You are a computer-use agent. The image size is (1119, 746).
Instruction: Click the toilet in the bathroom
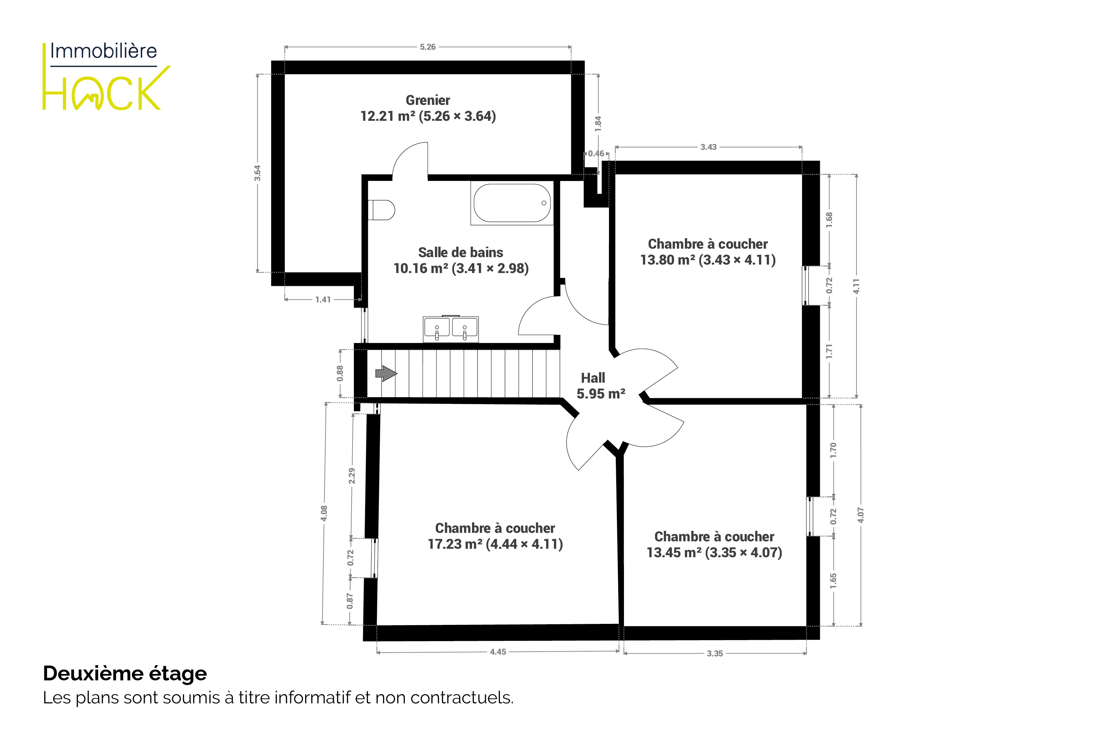[x=382, y=210]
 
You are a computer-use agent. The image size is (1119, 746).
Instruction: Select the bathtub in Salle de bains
[x=512, y=203]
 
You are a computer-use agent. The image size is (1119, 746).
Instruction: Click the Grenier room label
[x=428, y=100]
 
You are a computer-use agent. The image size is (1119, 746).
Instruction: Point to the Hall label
[x=593, y=378]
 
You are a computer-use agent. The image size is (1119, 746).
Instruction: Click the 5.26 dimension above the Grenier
[x=428, y=47]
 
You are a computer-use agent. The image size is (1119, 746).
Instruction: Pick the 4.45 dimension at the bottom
[x=498, y=652]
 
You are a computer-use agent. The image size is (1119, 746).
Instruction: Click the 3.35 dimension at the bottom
[x=715, y=653]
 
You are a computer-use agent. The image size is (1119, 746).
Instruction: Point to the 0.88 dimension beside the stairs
[x=340, y=374]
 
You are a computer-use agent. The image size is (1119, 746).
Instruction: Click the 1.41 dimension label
[x=323, y=300]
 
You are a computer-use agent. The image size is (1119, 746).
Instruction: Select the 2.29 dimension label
[x=352, y=476]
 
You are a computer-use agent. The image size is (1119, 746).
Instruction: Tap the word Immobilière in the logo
[x=104, y=51]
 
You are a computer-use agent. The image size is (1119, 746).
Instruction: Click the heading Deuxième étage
[x=125, y=674]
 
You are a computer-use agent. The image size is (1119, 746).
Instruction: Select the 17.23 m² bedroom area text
[x=455, y=544]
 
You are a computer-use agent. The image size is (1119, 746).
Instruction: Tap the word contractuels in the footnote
[x=462, y=698]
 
